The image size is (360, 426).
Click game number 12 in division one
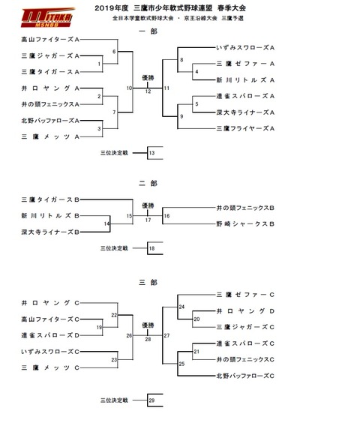coord(148,91)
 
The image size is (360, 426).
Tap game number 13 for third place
coord(151,153)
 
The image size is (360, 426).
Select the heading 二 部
coord(148,182)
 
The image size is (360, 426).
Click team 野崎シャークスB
coord(245,224)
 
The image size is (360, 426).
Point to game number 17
coord(148,220)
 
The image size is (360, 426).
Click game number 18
coord(151,248)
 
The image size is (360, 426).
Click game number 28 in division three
coord(148,338)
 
